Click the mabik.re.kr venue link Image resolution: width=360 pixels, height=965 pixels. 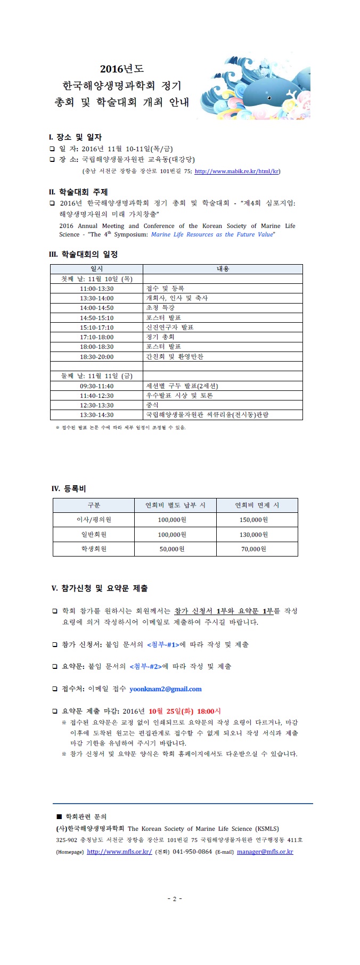tap(236, 171)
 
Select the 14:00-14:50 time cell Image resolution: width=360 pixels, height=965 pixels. tap(96, 308)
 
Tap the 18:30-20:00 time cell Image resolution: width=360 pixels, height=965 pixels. tap(96, 357)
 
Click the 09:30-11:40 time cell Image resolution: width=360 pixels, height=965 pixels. tap(96, 386)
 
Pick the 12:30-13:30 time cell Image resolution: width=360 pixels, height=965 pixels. tap(96, 405)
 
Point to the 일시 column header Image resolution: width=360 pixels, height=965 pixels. tap(96, 269)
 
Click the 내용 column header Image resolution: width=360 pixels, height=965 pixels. tap(223, 269)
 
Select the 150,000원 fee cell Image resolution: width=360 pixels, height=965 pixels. tap(253, 520)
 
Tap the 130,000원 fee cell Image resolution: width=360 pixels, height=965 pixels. tap(253, 535)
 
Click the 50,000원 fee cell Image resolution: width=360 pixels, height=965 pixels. tap(172, 549)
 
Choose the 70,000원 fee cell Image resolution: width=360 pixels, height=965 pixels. tap(253, 549)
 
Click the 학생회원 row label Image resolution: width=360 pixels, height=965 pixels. tap(94, 549)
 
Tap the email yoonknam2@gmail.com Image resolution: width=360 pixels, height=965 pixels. tap(166, 689)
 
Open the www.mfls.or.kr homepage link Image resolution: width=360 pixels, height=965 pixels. tap(119, 852)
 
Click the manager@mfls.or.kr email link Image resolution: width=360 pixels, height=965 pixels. tap(265, 852)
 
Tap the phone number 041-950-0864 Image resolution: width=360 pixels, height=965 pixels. tap(192, 852)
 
